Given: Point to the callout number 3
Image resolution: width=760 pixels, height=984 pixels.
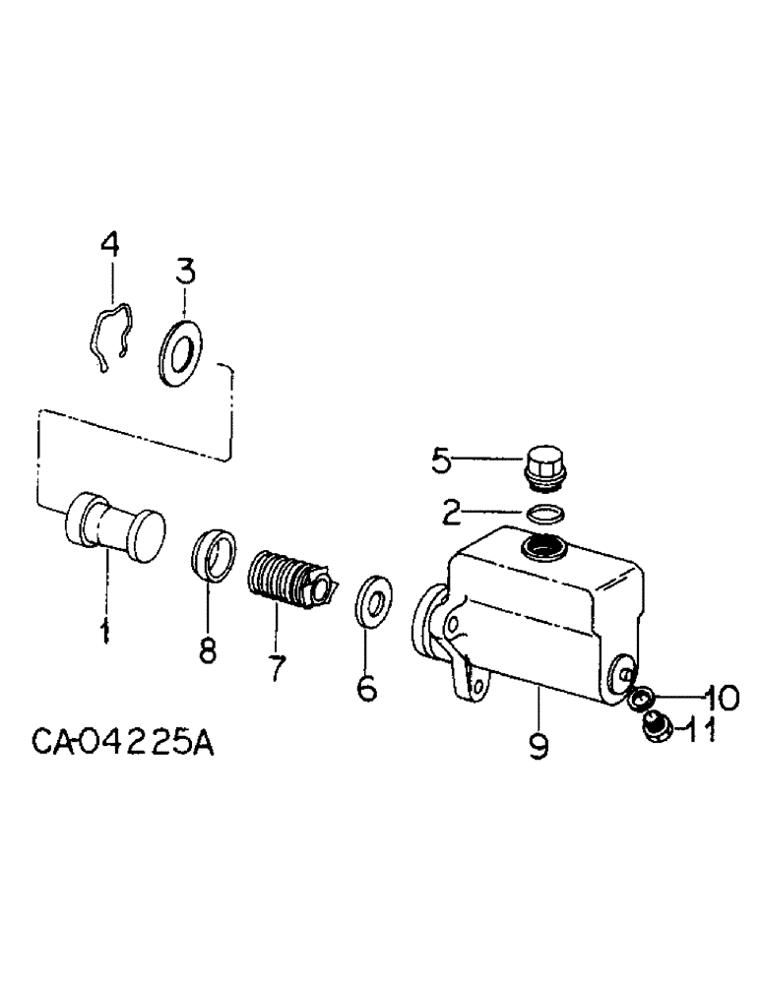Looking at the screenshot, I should coord(185,269).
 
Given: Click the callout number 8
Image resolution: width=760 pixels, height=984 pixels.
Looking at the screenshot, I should coord(209,649).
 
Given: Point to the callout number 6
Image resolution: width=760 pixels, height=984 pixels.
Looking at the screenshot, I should coord(366,688).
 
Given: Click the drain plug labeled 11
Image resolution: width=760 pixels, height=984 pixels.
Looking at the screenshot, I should coord(651,729).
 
